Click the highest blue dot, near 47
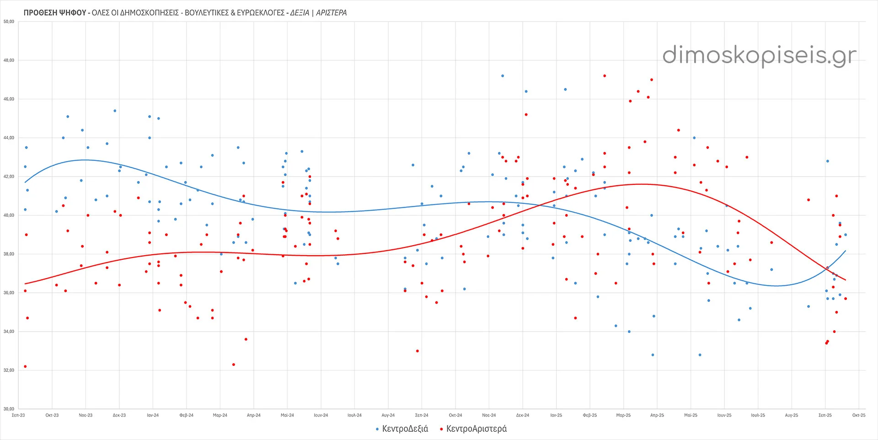tap(503, 76)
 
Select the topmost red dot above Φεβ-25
tap(605, 76)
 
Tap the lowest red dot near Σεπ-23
tap(25, 366)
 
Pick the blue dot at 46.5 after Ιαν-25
tap(565, 90)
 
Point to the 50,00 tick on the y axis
tap(9, 21)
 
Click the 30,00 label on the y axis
tap(9, 409)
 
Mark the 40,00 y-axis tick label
tap(9, 215)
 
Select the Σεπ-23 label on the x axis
tap(18, 415)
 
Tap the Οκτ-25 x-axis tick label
tap(858, 415)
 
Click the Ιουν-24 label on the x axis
tap(321, 415)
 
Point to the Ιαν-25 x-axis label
tap(556, 415)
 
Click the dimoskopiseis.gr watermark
tap(759, 55)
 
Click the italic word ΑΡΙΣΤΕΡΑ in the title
tap(331, 13)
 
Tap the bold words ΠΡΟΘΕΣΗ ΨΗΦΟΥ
tap(55, 13)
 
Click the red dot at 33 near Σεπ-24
tap(418, 351)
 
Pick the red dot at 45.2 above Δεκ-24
tap(526, 115)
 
